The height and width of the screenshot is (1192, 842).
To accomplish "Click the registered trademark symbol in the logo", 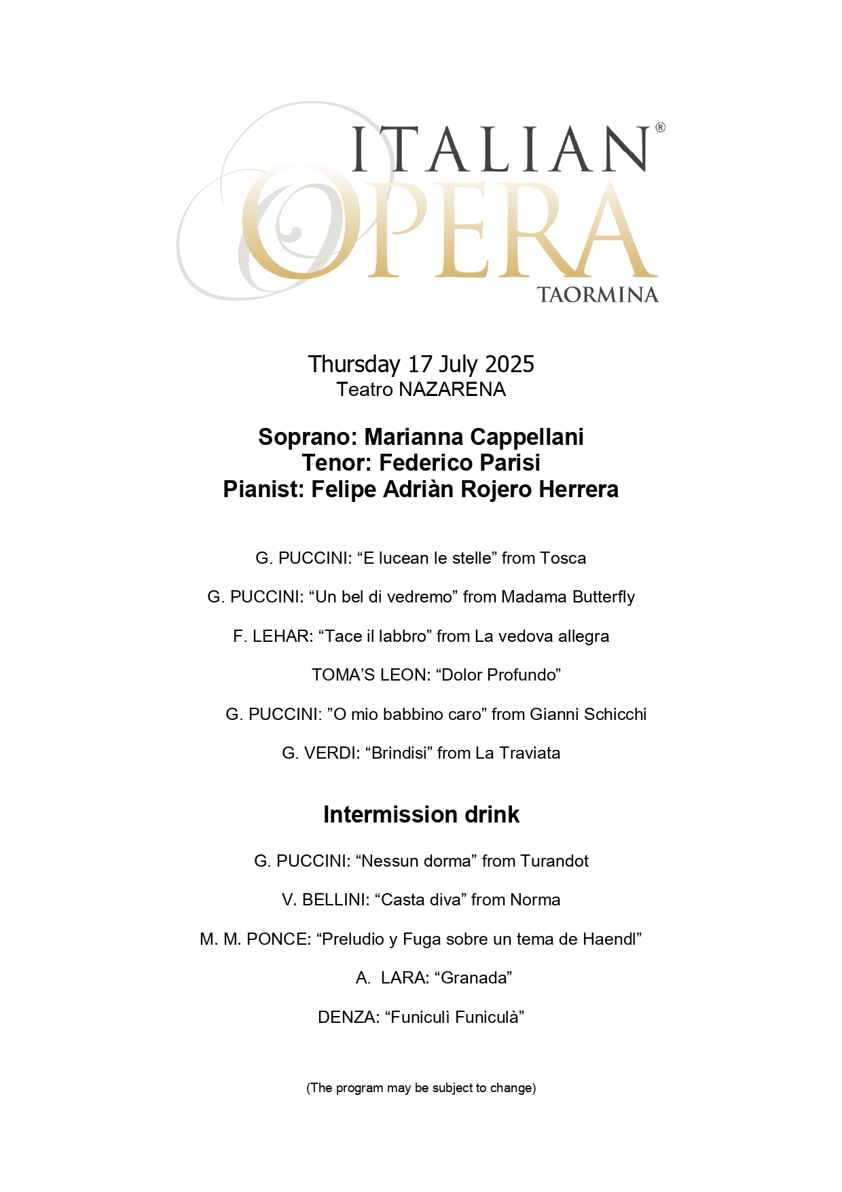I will point(660,128).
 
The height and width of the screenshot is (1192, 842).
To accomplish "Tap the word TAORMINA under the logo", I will point(598,295).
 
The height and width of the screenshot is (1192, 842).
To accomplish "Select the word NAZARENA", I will point(452,390).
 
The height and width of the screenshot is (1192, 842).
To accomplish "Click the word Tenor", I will point(335,463).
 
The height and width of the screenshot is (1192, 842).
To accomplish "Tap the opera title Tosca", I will point(564,558).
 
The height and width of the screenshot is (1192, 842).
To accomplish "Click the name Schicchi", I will point(615,715).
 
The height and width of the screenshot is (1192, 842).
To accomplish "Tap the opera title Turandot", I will point(555,861).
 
